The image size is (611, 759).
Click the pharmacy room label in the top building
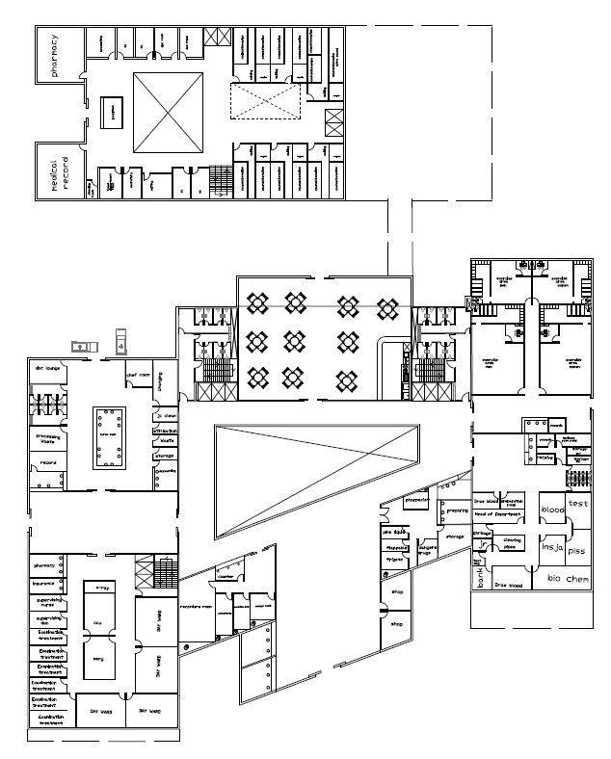click(55, 55)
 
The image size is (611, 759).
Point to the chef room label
click(138, 376)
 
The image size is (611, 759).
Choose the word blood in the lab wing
click(552, 509)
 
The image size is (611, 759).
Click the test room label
click(577, 503)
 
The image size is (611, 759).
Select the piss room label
click(575, 551)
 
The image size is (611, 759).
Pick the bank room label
click(480, 578)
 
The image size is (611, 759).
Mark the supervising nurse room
click(49, 601)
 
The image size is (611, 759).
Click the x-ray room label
click(103, 587)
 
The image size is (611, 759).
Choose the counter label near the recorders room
click(226, 578)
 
